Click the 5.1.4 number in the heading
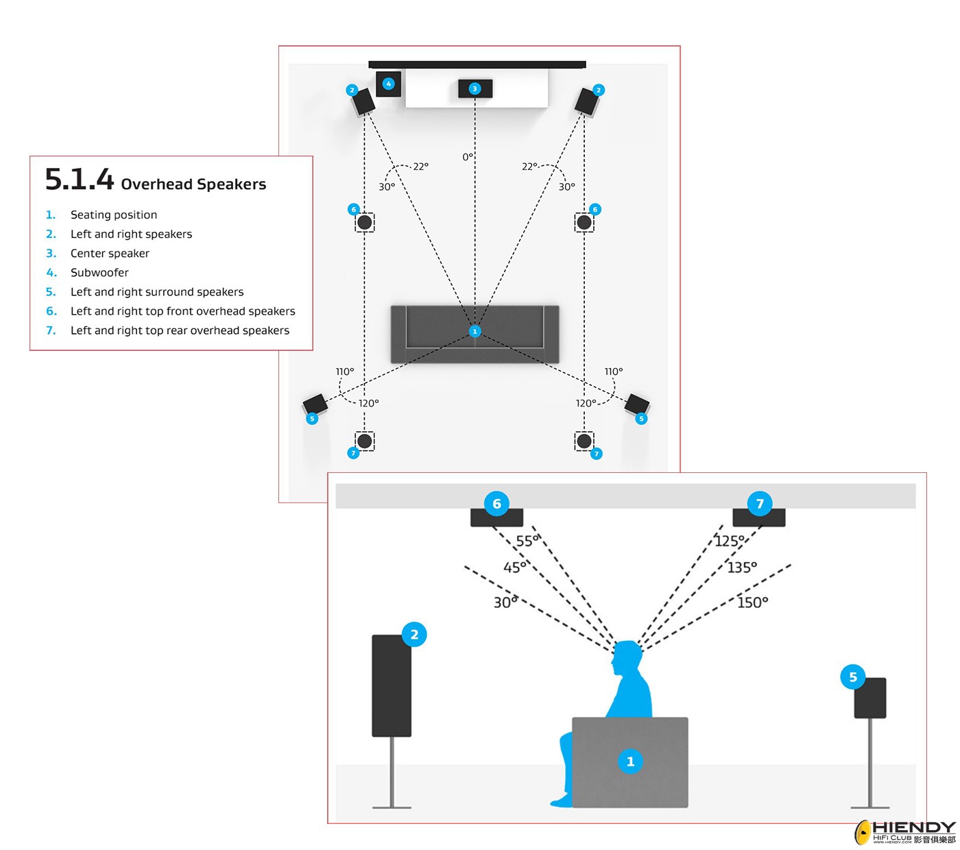[x=79, y=180]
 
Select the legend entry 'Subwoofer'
[x=99, y=273]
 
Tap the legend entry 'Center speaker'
[x=110, y=254]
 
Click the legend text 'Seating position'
[x=114, y=215]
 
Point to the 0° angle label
[x=468, y=157]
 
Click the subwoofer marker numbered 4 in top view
[x=389, y=84]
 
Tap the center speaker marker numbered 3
[x=475, y=88]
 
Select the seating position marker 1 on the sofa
[x=475, y=331]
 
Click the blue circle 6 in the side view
[x=496, y=504]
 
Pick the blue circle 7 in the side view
[x=760, y=504]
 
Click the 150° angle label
[x=752, y=603]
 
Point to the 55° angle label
[x=527, y=541]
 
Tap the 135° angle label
[x=742, y=568]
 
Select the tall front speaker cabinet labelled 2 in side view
[x=392, y=685]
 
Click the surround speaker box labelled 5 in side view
[x=869, y=698]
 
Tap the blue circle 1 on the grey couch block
[x=630, y=762]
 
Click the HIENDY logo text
[x=913, y=828]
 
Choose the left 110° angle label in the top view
[x=345, y=372]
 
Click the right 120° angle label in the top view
[x=586, y=403]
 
